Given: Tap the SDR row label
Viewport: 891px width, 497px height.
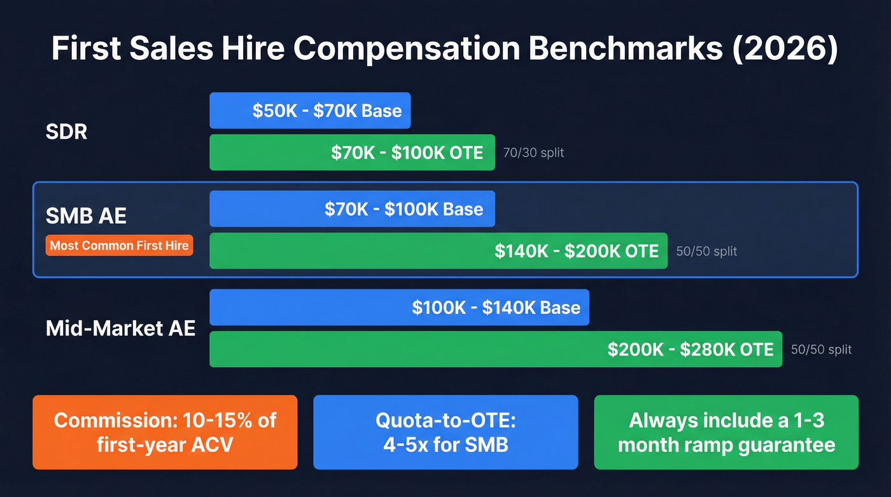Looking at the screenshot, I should [x=67, y=132].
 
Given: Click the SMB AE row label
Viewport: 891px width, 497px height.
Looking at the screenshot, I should [x=86, y=215].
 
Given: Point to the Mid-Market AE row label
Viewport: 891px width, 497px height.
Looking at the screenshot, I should [x=120, y=328].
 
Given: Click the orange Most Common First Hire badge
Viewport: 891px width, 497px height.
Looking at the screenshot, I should [x=119, y=246].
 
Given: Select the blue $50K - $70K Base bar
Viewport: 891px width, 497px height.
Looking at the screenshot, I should [x=310, y=111].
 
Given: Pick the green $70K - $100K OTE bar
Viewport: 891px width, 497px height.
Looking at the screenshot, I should [x=352, y=153].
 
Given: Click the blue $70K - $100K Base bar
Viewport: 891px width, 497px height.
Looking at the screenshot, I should [x=352, y=209].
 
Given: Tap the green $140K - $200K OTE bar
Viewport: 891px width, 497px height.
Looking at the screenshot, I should [x=438, y=251].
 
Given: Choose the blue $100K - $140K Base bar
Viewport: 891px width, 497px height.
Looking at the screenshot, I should [x=399, y=307].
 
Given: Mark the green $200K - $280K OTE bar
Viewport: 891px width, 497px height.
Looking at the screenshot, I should [x=495, y=349].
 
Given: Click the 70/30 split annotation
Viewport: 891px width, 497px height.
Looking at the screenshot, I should [x=533, y=153].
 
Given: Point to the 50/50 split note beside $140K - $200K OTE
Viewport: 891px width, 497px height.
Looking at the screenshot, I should [x=706, y=251].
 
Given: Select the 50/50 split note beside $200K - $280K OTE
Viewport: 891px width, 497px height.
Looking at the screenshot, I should [x=821, y=349].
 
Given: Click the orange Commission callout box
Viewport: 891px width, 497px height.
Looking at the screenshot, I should [x=165, y=432].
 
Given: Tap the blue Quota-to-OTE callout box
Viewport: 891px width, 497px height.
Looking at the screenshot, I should [x=445, y=432].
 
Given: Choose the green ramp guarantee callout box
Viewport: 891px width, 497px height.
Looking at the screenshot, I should [x=726, y=432].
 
